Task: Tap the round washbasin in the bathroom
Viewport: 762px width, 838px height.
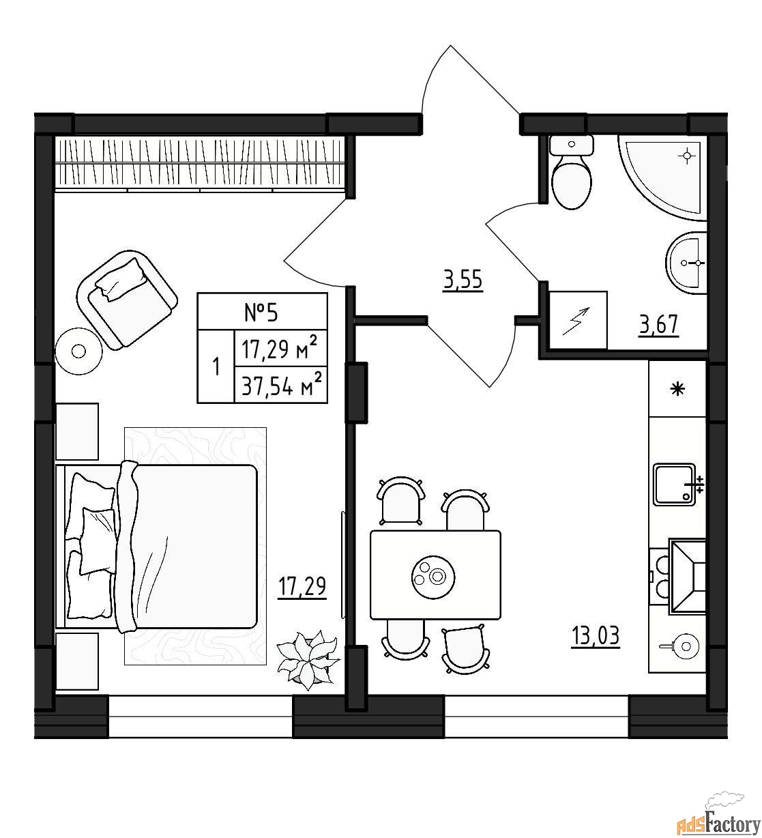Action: tap(686, 263)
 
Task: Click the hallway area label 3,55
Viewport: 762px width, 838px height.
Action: tap(463, 280)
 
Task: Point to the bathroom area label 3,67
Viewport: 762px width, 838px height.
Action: tap(659, 325)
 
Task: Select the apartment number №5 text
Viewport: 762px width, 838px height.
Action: tap(261, 312)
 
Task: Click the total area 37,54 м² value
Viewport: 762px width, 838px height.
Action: tap(282, 386)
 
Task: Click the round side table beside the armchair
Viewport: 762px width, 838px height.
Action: tap(78, 351)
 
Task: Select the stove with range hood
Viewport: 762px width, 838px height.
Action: tap(677, 577)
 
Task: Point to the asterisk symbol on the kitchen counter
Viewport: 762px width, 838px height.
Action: tap(677, 390)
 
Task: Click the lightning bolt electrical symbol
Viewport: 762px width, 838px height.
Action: tap(576, 321)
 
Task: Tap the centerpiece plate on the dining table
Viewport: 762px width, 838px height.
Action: tap(433, 577)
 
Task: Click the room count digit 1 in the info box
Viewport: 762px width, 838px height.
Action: tap(216, 367)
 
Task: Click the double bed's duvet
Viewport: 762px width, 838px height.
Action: tap(188, 547)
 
